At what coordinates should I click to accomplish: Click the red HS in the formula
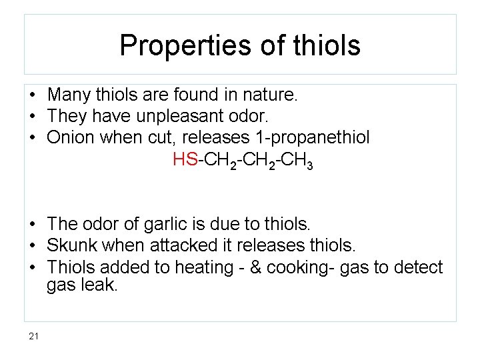pos(184,160)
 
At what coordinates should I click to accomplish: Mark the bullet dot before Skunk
pos(32,245)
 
